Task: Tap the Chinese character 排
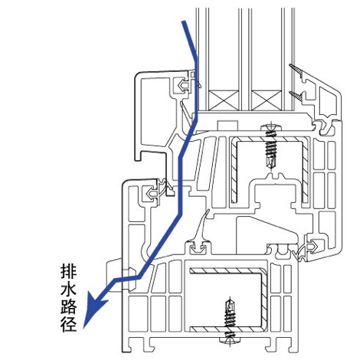(x=69, y=272)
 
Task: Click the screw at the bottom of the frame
(x=230, y=321)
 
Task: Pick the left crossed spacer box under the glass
(x=223, y=100)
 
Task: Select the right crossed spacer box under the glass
(x=267, y=100)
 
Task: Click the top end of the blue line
(x=184, y=21)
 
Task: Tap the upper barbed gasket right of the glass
(x=297, y=71)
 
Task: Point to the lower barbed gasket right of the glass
(x=297, y=97)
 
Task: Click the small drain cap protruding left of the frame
(x=114, y=274)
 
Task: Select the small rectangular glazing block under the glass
(x=227, y=126)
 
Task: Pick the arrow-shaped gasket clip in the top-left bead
(x=182, y=85)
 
